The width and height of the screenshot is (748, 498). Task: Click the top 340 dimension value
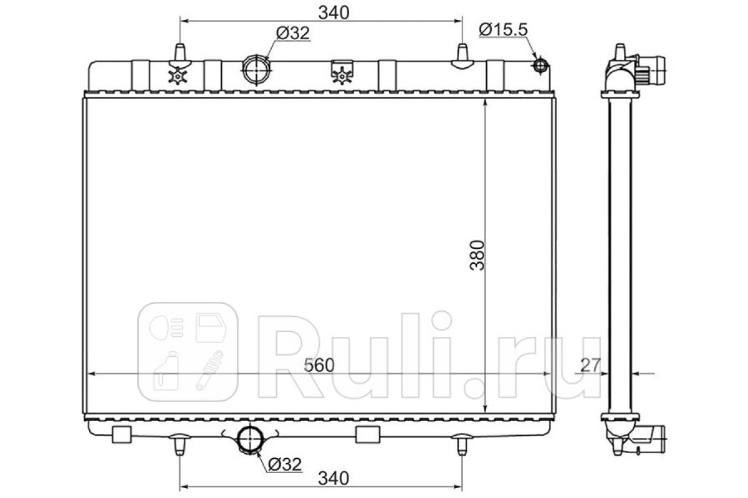tap(333, 13)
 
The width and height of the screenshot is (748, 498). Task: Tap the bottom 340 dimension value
tap(333, 479)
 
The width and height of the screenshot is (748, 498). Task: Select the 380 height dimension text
tap(477, 255)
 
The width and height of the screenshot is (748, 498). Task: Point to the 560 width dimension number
tap(319, 365)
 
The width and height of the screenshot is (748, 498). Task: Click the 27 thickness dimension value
tap(591, 365)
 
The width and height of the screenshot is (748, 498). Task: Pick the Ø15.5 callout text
tap(503, 30)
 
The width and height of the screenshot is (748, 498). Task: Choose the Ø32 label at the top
tap(293, 33)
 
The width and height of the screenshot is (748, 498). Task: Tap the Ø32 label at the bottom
tap(285, 464)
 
